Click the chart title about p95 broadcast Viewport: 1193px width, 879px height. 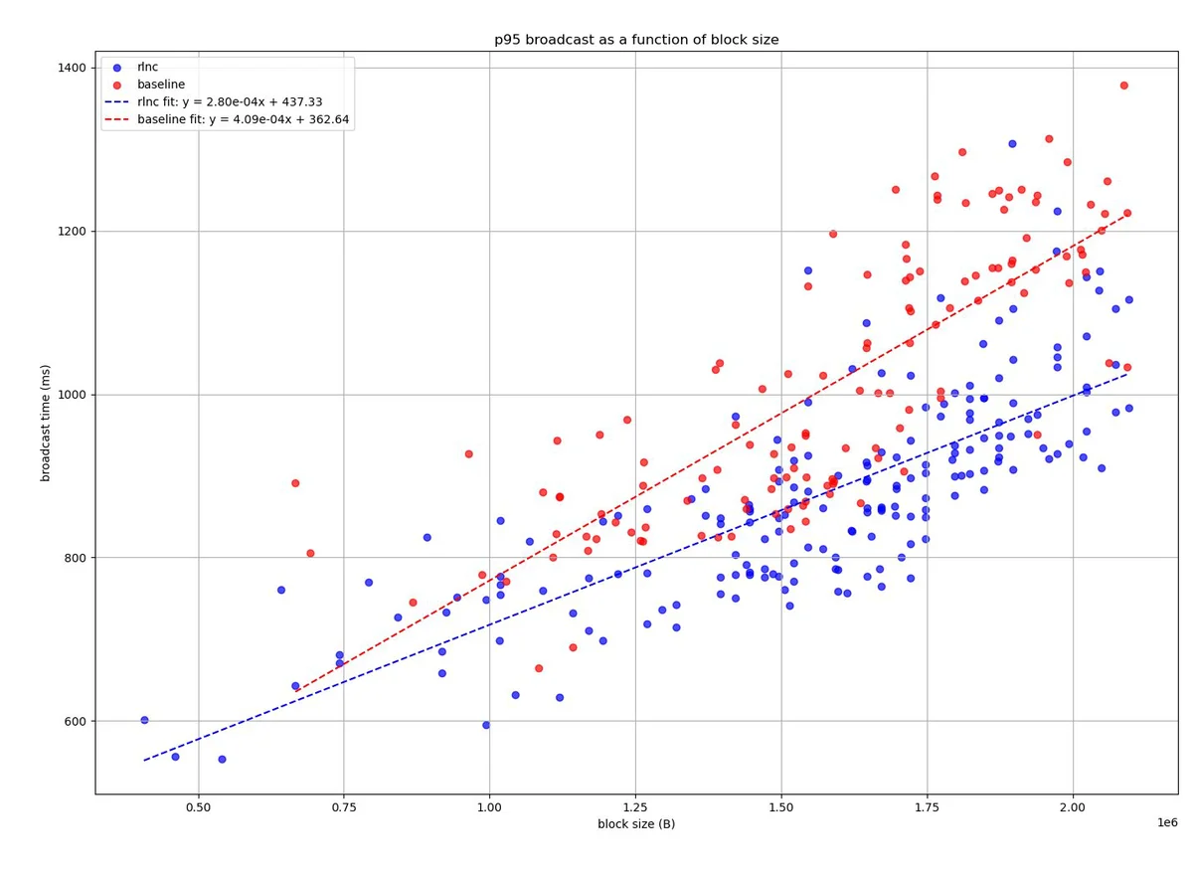(636, 40)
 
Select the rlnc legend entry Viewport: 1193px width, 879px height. (147, 67)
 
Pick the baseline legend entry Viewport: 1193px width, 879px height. (161, 85)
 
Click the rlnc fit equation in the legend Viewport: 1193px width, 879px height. (229, 101)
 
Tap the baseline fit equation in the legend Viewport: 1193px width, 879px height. (243, 119)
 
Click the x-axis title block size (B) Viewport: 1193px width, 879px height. (636, 824)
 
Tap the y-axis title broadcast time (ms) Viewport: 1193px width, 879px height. (46, 423)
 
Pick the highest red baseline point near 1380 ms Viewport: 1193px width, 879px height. (1123, 86)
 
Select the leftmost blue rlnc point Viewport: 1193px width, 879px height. (144, 720)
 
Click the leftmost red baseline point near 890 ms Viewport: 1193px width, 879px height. (295, 483)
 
